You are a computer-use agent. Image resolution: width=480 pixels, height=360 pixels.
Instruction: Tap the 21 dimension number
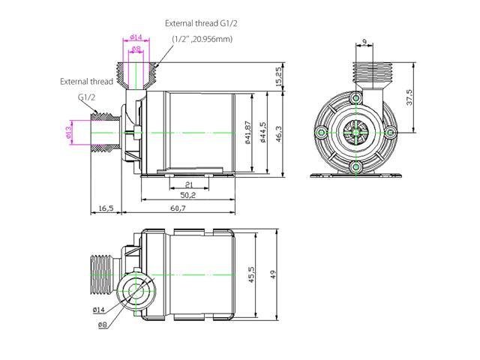(x=190, y=184)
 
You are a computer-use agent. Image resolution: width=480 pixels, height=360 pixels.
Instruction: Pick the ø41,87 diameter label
(x=248, y=133)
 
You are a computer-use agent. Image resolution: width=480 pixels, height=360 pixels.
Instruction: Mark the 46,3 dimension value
(x=278, y=133)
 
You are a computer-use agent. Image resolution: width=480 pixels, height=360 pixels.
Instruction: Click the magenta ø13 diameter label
(x=68, y=132)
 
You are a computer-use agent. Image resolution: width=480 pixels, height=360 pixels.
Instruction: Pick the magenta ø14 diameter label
(x=136, y=37)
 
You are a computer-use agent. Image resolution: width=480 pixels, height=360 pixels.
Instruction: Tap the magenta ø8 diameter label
(x=136, y=49)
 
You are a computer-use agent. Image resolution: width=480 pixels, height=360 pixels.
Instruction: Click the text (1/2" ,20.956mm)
(x=202, y=37)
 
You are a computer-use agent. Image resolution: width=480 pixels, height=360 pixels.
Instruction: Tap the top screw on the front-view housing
(x=356, y=97)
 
